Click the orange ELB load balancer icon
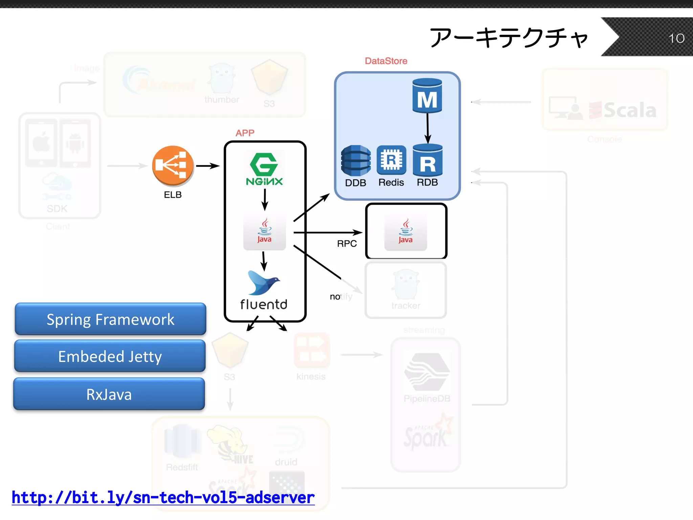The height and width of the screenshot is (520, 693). tap(173, 166)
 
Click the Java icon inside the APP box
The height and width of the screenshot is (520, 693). tap(265, 232)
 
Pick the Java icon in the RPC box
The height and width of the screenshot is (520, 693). tap(405, 232)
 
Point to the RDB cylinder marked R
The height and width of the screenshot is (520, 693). tap(428, 160)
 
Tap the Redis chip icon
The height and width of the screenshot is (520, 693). tap(391, 160)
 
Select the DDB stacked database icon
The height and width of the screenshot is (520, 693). tap(355, 160)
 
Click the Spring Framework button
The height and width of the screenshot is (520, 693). tap(110, 319)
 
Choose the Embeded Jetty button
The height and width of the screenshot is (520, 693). tap(110, 356)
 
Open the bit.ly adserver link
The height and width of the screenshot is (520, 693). tap(163, 497)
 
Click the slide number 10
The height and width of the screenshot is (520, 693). tap(676, 38)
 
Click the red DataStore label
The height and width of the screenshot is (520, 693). tap(386, 61)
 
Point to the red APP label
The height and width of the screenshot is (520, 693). tap(245, 133)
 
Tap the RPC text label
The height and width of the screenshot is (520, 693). tap(347, 244)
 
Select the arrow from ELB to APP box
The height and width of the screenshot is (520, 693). tap(208, 166)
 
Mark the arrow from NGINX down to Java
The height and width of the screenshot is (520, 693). tap(265, 200)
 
